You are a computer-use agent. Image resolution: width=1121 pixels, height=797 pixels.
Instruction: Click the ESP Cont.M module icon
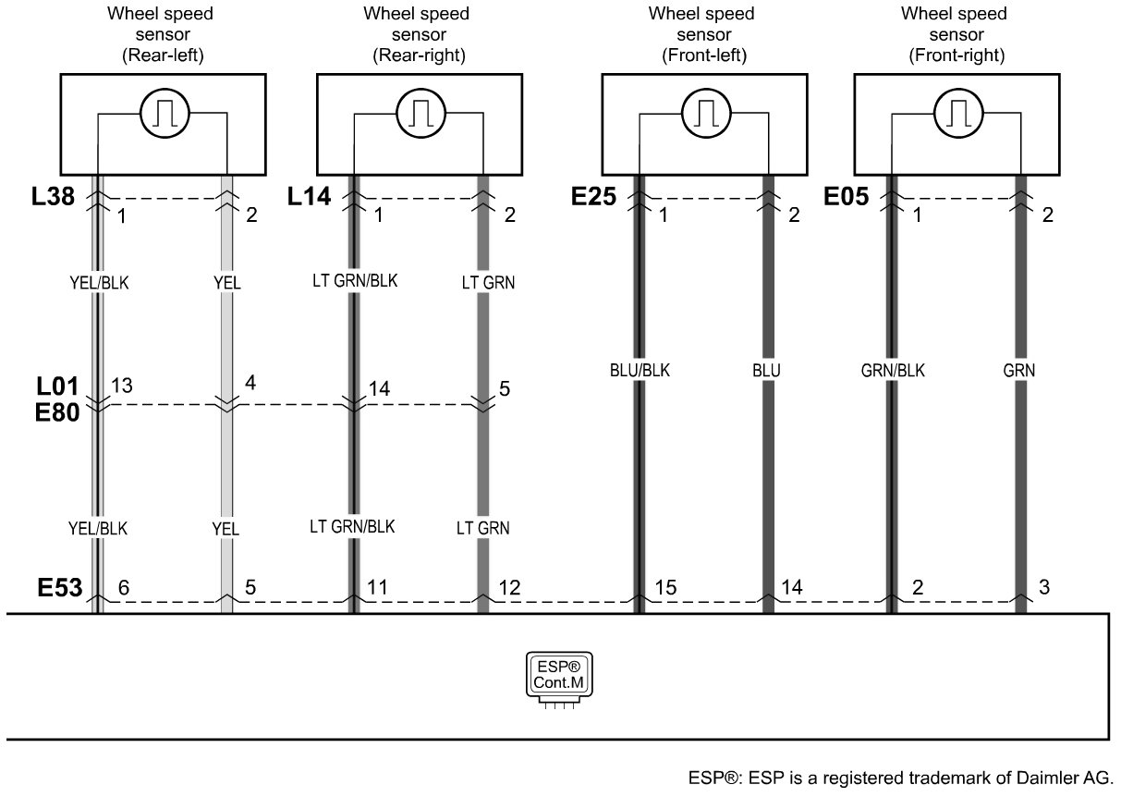(x=559, y=680)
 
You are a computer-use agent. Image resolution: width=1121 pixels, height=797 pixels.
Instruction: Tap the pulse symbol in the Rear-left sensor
(x=164, y=113)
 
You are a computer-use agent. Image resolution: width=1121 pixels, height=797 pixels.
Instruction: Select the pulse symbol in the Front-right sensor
(x=958, y=113)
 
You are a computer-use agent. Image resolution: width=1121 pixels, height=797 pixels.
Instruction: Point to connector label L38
(x=53, y=196)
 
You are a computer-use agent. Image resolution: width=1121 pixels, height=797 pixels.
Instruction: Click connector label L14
(x=309, y=196)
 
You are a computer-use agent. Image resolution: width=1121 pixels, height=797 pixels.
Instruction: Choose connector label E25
(x=593, y=196)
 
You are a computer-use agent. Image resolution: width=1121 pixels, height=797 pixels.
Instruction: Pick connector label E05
(x=847, y=196)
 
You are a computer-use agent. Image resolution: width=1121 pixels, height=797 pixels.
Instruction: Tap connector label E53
(x=59, y=588)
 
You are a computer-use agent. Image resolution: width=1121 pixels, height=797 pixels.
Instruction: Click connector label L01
(x=57, y=386)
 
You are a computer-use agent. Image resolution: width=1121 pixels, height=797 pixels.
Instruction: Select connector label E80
(x=57, y=412)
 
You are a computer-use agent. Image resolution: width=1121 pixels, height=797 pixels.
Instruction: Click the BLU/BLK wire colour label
(x=640, y=371)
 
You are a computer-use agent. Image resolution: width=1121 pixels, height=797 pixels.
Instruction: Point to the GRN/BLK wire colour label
(x=893, y=371)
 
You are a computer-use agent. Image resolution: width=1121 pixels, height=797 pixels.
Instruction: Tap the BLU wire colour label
(x=766, y=371)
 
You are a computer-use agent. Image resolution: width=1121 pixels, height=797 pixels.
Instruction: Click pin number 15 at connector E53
(x=665, y=587)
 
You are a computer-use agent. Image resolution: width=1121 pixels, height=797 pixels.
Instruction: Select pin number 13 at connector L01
(x=122, y=386)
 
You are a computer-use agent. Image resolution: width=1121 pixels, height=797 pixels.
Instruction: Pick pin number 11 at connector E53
(x=377, y=587)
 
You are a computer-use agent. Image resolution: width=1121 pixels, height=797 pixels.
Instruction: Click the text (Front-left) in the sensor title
(x=704, y=55)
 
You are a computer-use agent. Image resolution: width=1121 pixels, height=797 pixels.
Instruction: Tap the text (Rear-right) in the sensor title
(x=419, y=55)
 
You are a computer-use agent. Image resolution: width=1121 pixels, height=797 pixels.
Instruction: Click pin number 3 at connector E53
(x=1044, y=587)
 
